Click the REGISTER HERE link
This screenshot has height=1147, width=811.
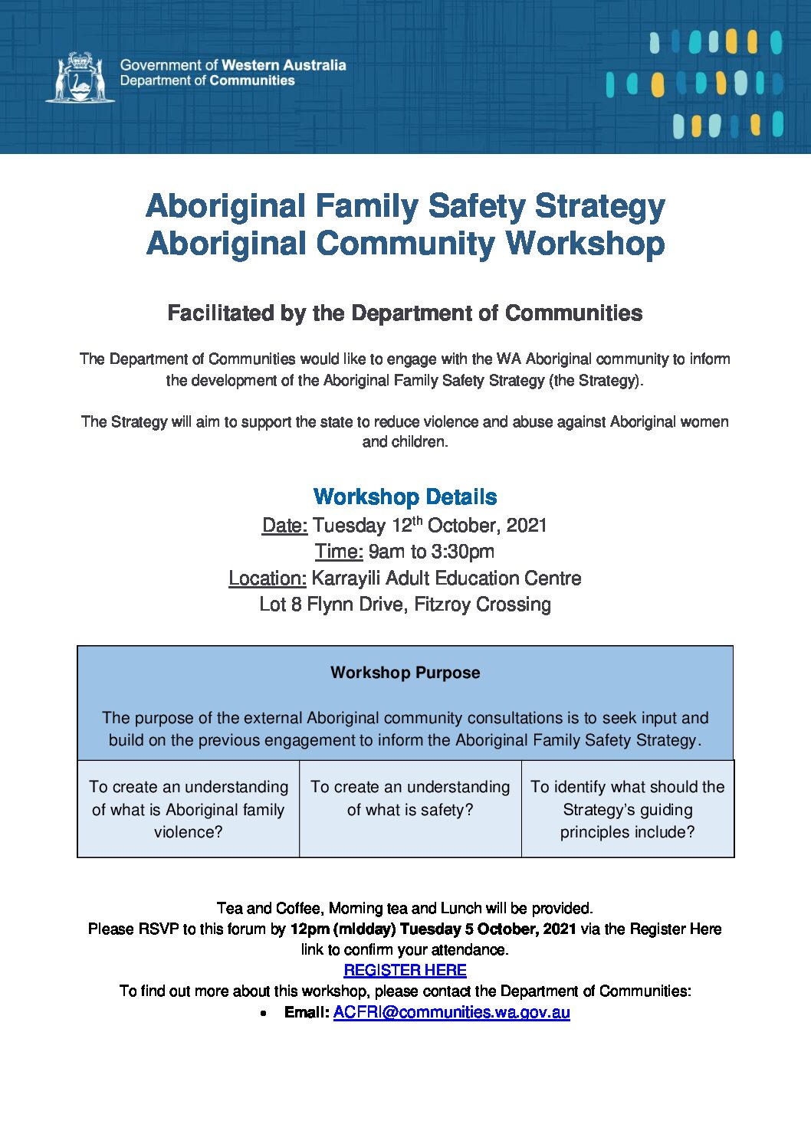[405, 970]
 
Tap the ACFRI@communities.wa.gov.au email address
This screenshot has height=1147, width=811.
[451, 1012]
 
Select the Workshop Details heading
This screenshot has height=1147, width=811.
[405, 496]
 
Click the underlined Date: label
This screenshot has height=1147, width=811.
[284, 526]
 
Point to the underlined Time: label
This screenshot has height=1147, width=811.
[338, 552]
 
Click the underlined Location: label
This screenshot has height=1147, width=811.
[267, 578]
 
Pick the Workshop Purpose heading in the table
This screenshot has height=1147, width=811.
[405, 673]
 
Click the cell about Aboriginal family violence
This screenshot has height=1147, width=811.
[189, 809]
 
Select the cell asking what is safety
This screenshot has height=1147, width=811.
[410, 798]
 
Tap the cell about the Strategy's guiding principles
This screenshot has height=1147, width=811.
[627, 809]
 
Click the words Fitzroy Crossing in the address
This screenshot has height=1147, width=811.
[482, 605]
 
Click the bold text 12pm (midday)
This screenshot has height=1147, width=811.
[343, 929]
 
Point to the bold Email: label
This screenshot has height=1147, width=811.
[307, 1012]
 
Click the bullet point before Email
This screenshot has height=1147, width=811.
[264, 1013]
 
